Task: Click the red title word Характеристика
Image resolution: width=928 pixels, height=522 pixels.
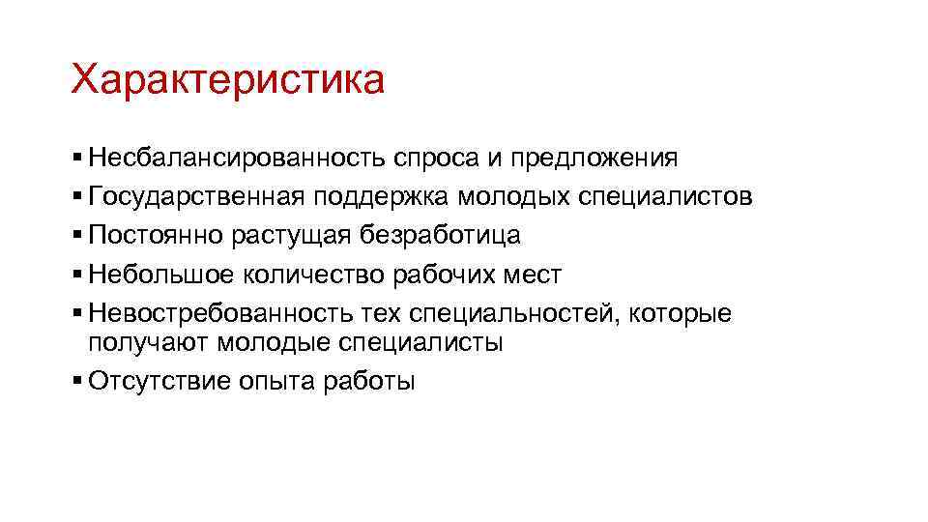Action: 227,80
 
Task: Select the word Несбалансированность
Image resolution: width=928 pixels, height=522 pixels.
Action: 236,157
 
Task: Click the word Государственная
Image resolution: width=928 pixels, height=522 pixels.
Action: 198,197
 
